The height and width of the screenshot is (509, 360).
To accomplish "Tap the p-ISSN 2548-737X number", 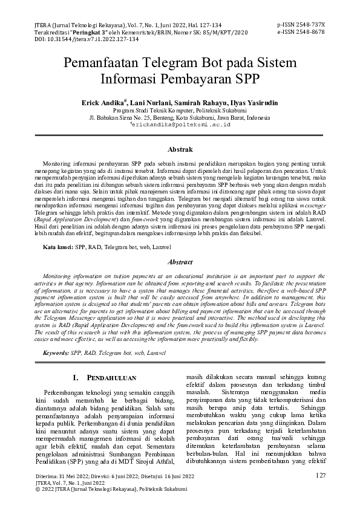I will point(301,24).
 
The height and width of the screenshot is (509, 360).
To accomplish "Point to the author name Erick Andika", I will point(102,103).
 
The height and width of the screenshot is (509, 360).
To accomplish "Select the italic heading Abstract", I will point(180,262).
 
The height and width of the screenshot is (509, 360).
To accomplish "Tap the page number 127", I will point(321,476).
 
